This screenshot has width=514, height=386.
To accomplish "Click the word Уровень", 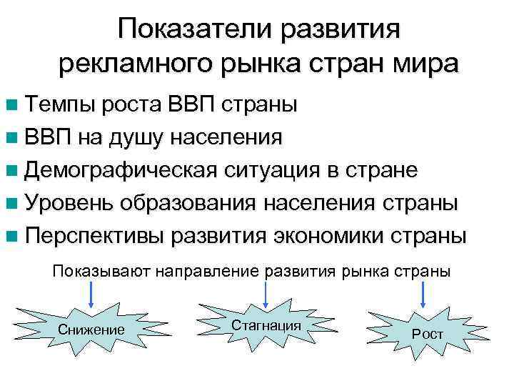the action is pyautogui.click(x=69, y=204).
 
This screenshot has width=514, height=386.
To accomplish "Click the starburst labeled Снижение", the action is pyautogui.click(x=91, y=330).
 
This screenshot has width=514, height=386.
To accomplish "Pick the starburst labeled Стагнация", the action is pyautogui.click(x=266, y=325).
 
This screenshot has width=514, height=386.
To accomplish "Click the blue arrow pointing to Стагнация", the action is pyautogui.click(x=266, y=293).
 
